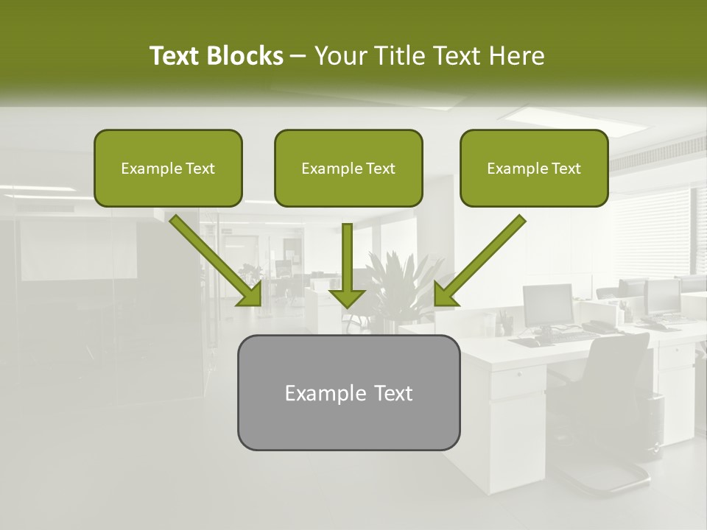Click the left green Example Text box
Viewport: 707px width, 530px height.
(x=168, y=168)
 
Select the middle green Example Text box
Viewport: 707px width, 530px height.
(x=348, y=168)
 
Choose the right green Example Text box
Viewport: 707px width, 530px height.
(x=534, y=168)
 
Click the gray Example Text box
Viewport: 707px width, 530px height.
(x=348, y=392)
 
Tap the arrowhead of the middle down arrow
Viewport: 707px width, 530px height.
(x=347, y=297)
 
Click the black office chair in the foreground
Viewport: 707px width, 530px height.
(x=604, y=412)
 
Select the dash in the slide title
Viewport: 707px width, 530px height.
(x=298, y=56)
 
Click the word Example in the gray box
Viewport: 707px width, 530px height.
(x=315, y=393)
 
